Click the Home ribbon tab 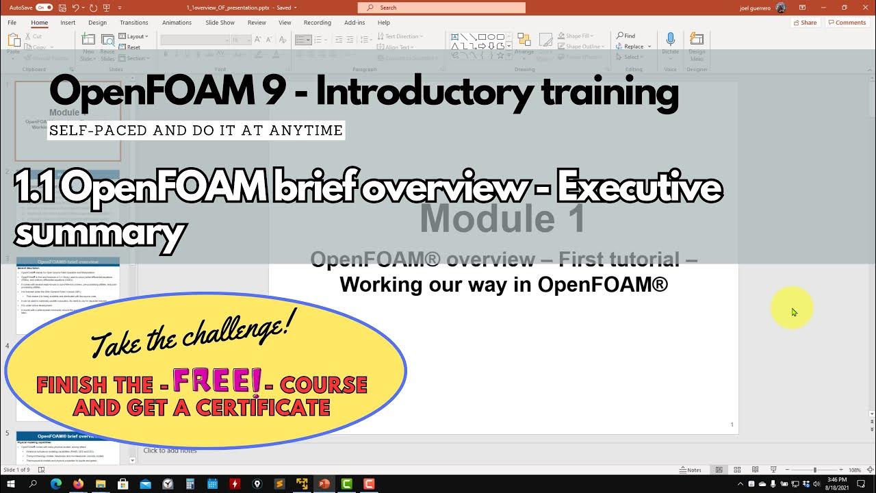coord(39,23)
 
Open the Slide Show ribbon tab coord(220,23)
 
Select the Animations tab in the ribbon coord(177,23)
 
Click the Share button coord(805,23)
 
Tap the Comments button coord(847,23)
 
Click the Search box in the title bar coord(441,8)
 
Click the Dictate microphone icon coord(670,40)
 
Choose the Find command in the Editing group coord(626,36)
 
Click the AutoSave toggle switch coord(44,8)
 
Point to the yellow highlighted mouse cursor coord(793,312)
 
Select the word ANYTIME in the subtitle coord(305,130)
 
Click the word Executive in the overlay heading coord(639,188)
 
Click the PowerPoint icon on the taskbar coord(324,484)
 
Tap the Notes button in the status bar coord(691,470)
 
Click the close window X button coord(864,8)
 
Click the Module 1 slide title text coord(502,219)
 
